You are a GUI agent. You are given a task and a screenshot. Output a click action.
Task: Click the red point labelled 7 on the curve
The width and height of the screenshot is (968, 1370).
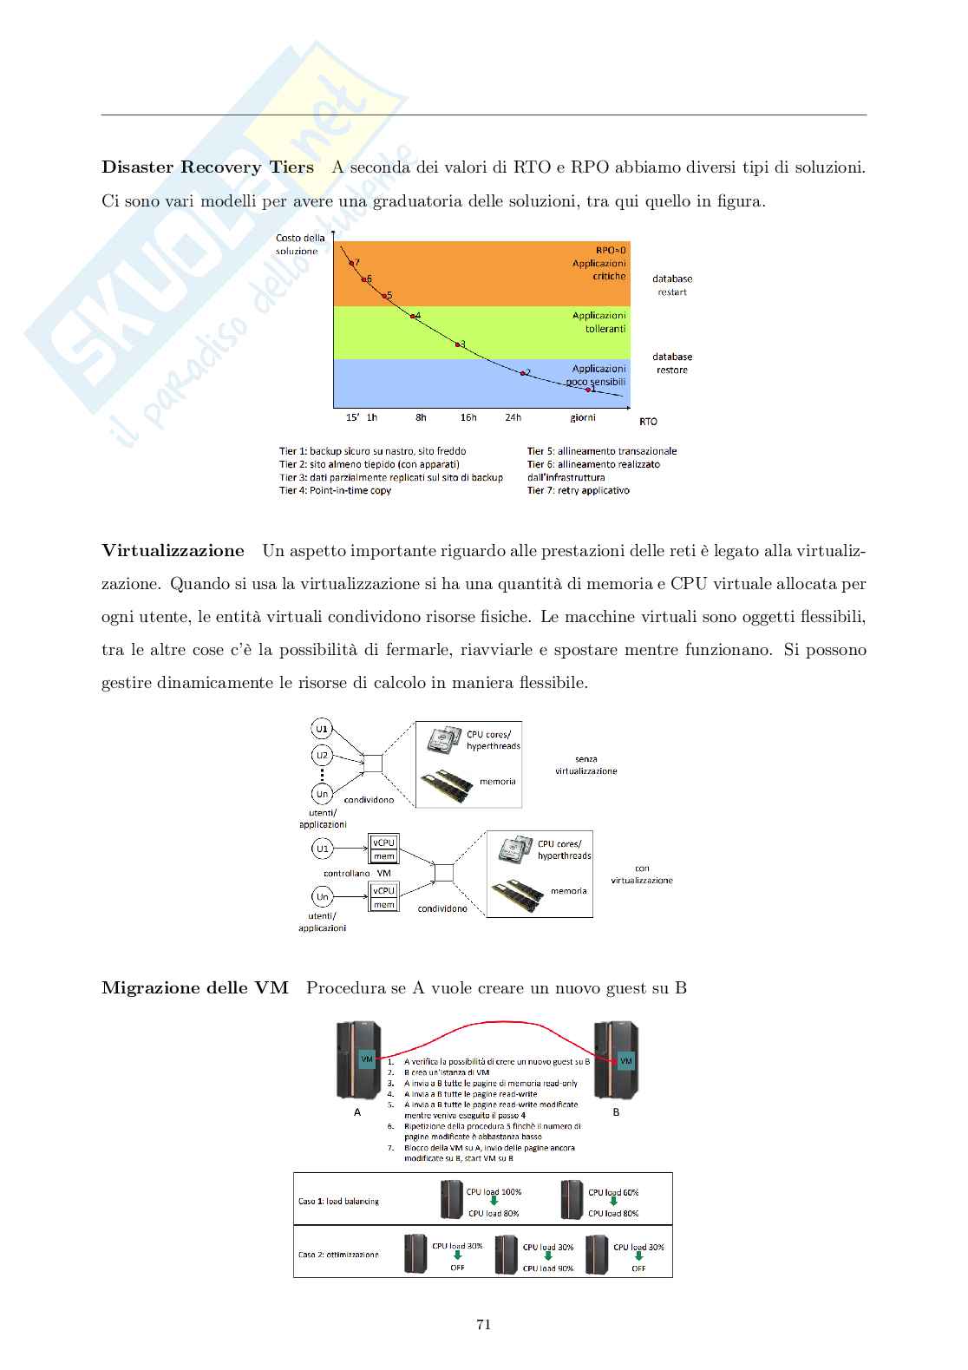[351, 263]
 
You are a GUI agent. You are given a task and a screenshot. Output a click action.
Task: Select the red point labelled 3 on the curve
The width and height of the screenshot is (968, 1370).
[458, 344]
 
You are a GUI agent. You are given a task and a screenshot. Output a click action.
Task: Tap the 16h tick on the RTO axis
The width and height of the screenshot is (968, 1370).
[468, 418]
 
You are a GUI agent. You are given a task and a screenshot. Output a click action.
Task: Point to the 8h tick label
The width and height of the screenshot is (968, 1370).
[421, 418]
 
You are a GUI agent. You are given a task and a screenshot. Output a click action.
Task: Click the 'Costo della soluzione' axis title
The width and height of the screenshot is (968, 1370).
[300, 245]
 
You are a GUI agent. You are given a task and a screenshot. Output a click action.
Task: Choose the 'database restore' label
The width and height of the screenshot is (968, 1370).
[672, 364]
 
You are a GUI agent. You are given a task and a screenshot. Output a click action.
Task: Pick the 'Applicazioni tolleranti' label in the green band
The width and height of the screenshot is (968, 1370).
[598, 323]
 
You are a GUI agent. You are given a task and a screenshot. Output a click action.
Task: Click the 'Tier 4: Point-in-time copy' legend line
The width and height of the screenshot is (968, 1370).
[335, 491]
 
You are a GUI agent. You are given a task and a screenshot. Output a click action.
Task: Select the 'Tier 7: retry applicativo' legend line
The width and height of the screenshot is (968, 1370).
[578, 491]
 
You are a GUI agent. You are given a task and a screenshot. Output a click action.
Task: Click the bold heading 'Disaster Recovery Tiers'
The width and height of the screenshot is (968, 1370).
[207, 167]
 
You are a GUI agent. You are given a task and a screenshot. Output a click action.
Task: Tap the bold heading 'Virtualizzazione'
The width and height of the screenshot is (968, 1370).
[173, 551]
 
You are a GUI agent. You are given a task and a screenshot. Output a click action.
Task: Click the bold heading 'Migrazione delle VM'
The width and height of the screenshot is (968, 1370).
[195, 988]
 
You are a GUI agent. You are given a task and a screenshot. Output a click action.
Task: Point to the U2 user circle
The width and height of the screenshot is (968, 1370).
[322, 755]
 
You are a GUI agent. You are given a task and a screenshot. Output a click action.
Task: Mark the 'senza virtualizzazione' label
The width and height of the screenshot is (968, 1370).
[586, 765]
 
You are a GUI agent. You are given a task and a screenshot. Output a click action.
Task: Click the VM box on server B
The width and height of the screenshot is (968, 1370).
[626, 1061]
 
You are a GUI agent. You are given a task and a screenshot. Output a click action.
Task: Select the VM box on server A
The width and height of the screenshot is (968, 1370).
[367, 1059]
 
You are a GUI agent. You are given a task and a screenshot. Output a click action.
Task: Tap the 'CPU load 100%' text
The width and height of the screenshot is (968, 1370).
[494, 1192]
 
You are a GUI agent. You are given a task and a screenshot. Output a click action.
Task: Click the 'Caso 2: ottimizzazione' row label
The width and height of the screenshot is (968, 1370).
[338, 1255]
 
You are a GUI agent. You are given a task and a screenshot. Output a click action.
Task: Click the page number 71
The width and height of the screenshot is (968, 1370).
[484, 1325]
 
